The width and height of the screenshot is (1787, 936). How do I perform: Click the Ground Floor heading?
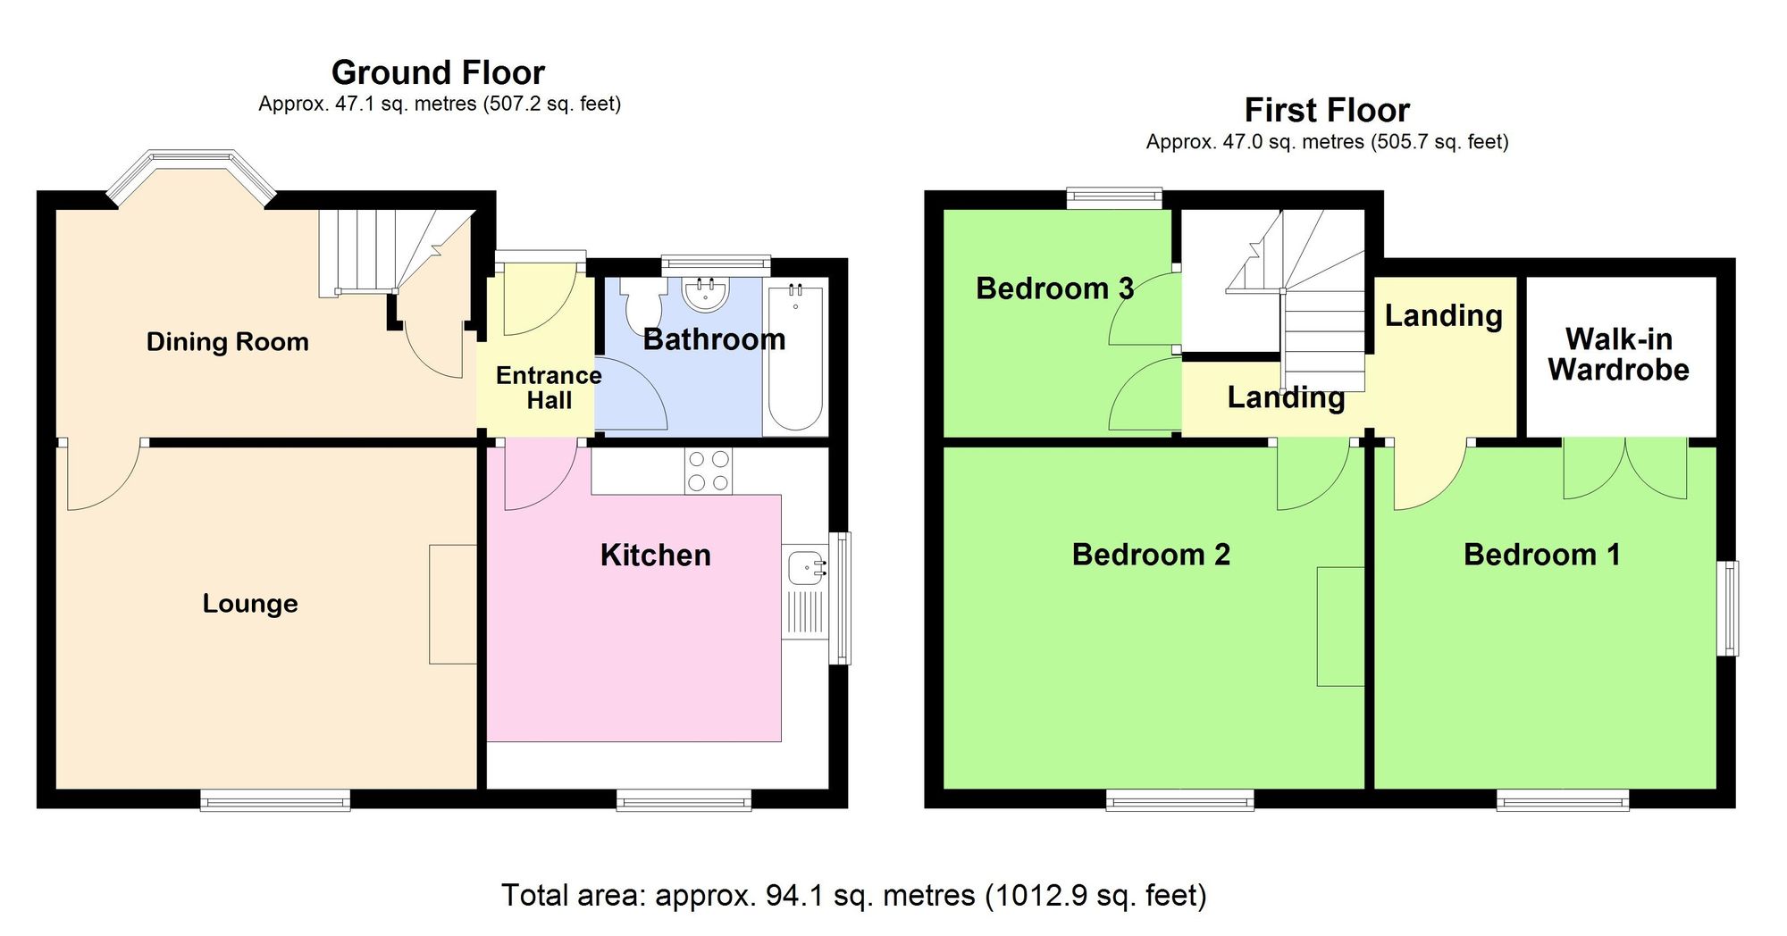point(438,72)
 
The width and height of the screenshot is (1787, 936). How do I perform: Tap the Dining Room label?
point(227,342)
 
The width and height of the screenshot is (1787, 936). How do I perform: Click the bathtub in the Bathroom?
point(794,357)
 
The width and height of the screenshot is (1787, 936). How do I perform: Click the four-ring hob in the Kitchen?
point(708,472)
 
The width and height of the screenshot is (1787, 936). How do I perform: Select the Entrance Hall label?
point(549,388)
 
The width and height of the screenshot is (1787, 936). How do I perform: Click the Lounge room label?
point(250,604)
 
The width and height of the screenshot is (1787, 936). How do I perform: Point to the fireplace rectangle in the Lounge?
point(452,604)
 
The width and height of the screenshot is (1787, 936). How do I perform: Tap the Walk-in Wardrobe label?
point(1618,355)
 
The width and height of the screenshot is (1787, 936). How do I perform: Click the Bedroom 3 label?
point(1054,288)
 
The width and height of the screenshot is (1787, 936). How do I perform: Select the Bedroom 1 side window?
point(1731,608)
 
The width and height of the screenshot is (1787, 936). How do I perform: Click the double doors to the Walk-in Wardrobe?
point(1625,468)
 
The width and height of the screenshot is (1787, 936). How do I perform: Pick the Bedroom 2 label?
point(1151,555)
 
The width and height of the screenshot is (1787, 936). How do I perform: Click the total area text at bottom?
point(853,895)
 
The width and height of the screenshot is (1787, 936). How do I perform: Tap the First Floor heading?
point(1327,111)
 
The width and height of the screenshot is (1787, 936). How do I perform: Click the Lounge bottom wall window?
point(275,800)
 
